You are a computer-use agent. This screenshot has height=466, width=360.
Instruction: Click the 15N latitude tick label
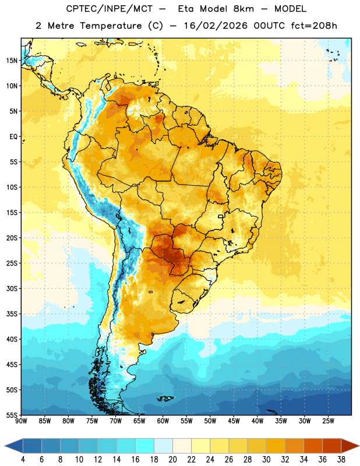point(12,61)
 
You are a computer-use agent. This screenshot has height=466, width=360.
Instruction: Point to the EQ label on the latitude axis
point(13,137)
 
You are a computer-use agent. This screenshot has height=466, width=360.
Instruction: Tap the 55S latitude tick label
point(12,415)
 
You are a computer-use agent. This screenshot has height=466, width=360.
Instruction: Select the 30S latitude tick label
point(12,288)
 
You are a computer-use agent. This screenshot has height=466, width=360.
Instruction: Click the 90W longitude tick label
point(21,421)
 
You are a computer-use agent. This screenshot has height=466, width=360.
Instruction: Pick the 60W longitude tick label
point(163,421)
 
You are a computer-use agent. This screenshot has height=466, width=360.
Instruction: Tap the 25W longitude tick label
point(328,421)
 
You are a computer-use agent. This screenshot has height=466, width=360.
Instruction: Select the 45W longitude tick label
point(234,421)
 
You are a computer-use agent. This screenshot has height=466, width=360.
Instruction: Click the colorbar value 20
point(172,460)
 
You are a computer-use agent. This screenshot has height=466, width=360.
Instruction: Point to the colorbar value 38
point(341,460)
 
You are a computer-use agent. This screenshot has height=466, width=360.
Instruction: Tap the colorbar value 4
point(23,460)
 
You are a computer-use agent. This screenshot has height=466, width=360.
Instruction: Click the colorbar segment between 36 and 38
point(332,446)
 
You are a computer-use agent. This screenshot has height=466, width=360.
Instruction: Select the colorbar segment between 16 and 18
point(144,446)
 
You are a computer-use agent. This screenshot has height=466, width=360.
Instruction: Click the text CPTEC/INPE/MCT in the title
point(109,9)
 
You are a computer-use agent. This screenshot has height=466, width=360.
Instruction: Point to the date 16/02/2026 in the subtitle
point(216,26)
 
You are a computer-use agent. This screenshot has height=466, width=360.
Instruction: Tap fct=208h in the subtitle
point(314,26)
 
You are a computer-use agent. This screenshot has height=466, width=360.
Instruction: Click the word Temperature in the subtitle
point(111,26)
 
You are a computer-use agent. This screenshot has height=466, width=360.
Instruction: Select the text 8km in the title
point(243,9)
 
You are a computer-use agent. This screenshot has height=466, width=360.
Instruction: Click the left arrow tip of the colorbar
point(5,446)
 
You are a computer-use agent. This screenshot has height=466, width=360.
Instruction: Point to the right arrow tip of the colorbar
point(359,446)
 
